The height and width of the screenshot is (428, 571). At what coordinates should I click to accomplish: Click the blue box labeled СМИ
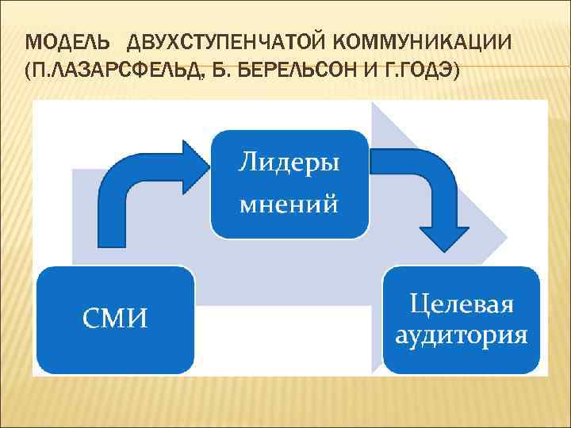pyautogui.click(x=116, y=319)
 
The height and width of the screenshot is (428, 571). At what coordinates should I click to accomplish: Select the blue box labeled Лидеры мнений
pyautogui.click(x=289, y=184)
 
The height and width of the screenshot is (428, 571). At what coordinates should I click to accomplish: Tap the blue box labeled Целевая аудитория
pyautogui.click(x=462, y=319)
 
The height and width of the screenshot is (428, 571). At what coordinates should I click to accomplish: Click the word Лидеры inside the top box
pyautogui.click(x=289, y=164)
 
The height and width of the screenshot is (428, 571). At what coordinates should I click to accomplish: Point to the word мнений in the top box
pyautogui.click(x=289, y=204)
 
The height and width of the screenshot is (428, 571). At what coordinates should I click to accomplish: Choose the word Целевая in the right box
pyautogui.click(x=462, y=304)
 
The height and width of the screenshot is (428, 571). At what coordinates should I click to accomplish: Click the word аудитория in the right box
pyautogui.click(x=462, y=334)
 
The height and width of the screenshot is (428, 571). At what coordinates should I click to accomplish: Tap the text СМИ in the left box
pyautogui.click(x=116, y=319)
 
